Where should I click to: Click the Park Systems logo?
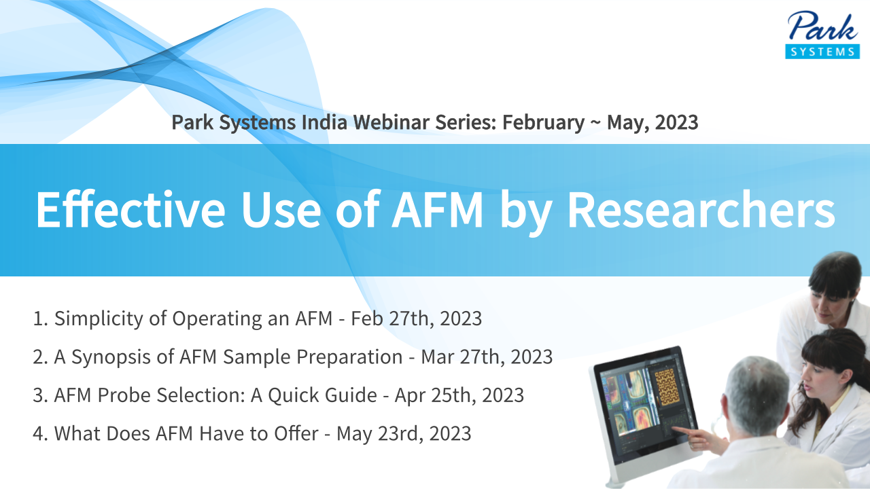click(x=822, y=35)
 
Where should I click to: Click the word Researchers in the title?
click(x=701, y=210)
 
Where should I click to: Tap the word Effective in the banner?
click(x=130, y=210)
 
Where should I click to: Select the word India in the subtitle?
click(x=324, y=122)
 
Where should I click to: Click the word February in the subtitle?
click(x=543, y=123)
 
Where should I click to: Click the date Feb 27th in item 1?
click(x=393, y=319)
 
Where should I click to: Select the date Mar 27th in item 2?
click(x=464, y=357)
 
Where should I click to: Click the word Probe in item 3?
click(x=124, y=395)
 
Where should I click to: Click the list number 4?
click(x=39, y=434)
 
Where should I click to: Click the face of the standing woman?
click(x=831, y=307)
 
